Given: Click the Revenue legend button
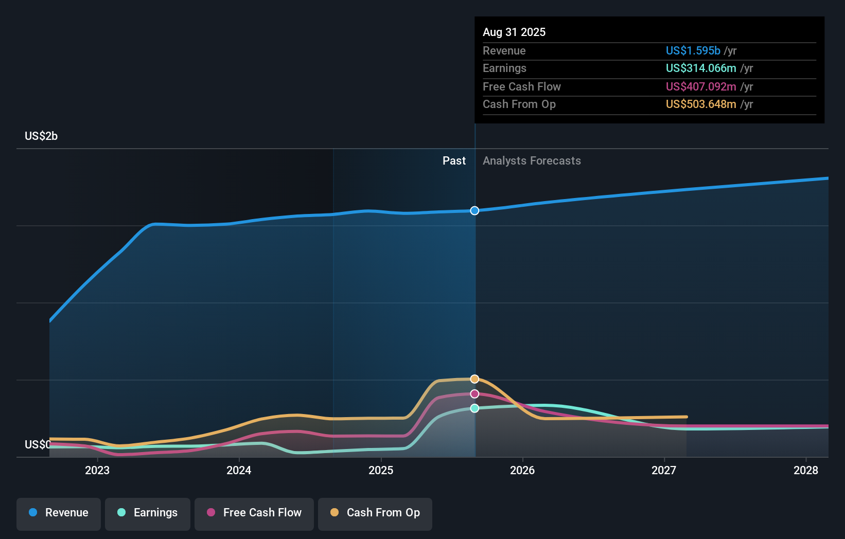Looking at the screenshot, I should tap(59, 513).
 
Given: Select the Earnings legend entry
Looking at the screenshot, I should tap(148, 513).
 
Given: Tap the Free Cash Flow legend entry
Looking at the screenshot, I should tap(254, 513).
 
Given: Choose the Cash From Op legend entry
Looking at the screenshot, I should tap(375, 513).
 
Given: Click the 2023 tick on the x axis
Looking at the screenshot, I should tap(97, 471).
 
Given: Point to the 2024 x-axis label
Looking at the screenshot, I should tap(239, 471).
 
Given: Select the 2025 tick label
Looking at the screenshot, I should tap(381, 471).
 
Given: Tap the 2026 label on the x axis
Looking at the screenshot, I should tap(522, 471).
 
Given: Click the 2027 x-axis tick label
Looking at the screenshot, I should tap(664, 471).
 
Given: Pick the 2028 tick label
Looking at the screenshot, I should tap(805, 471).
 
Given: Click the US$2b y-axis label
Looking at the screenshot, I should tap(41, 136).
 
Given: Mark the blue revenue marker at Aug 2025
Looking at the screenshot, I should tap(474, 211).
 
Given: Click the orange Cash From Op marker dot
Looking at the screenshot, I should tap(474, 379).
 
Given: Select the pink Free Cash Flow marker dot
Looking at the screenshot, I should tap(474, 394).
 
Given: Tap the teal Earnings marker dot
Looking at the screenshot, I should tap(474, 408).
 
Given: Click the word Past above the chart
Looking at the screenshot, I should tap(454, 161).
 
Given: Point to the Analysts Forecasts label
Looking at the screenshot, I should tap(532, 161).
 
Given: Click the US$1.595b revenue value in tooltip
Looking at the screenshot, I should tap(693, 51).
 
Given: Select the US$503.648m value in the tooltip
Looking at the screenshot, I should tap(700, 104).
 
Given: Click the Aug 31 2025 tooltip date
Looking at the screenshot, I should tap(514, 32).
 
